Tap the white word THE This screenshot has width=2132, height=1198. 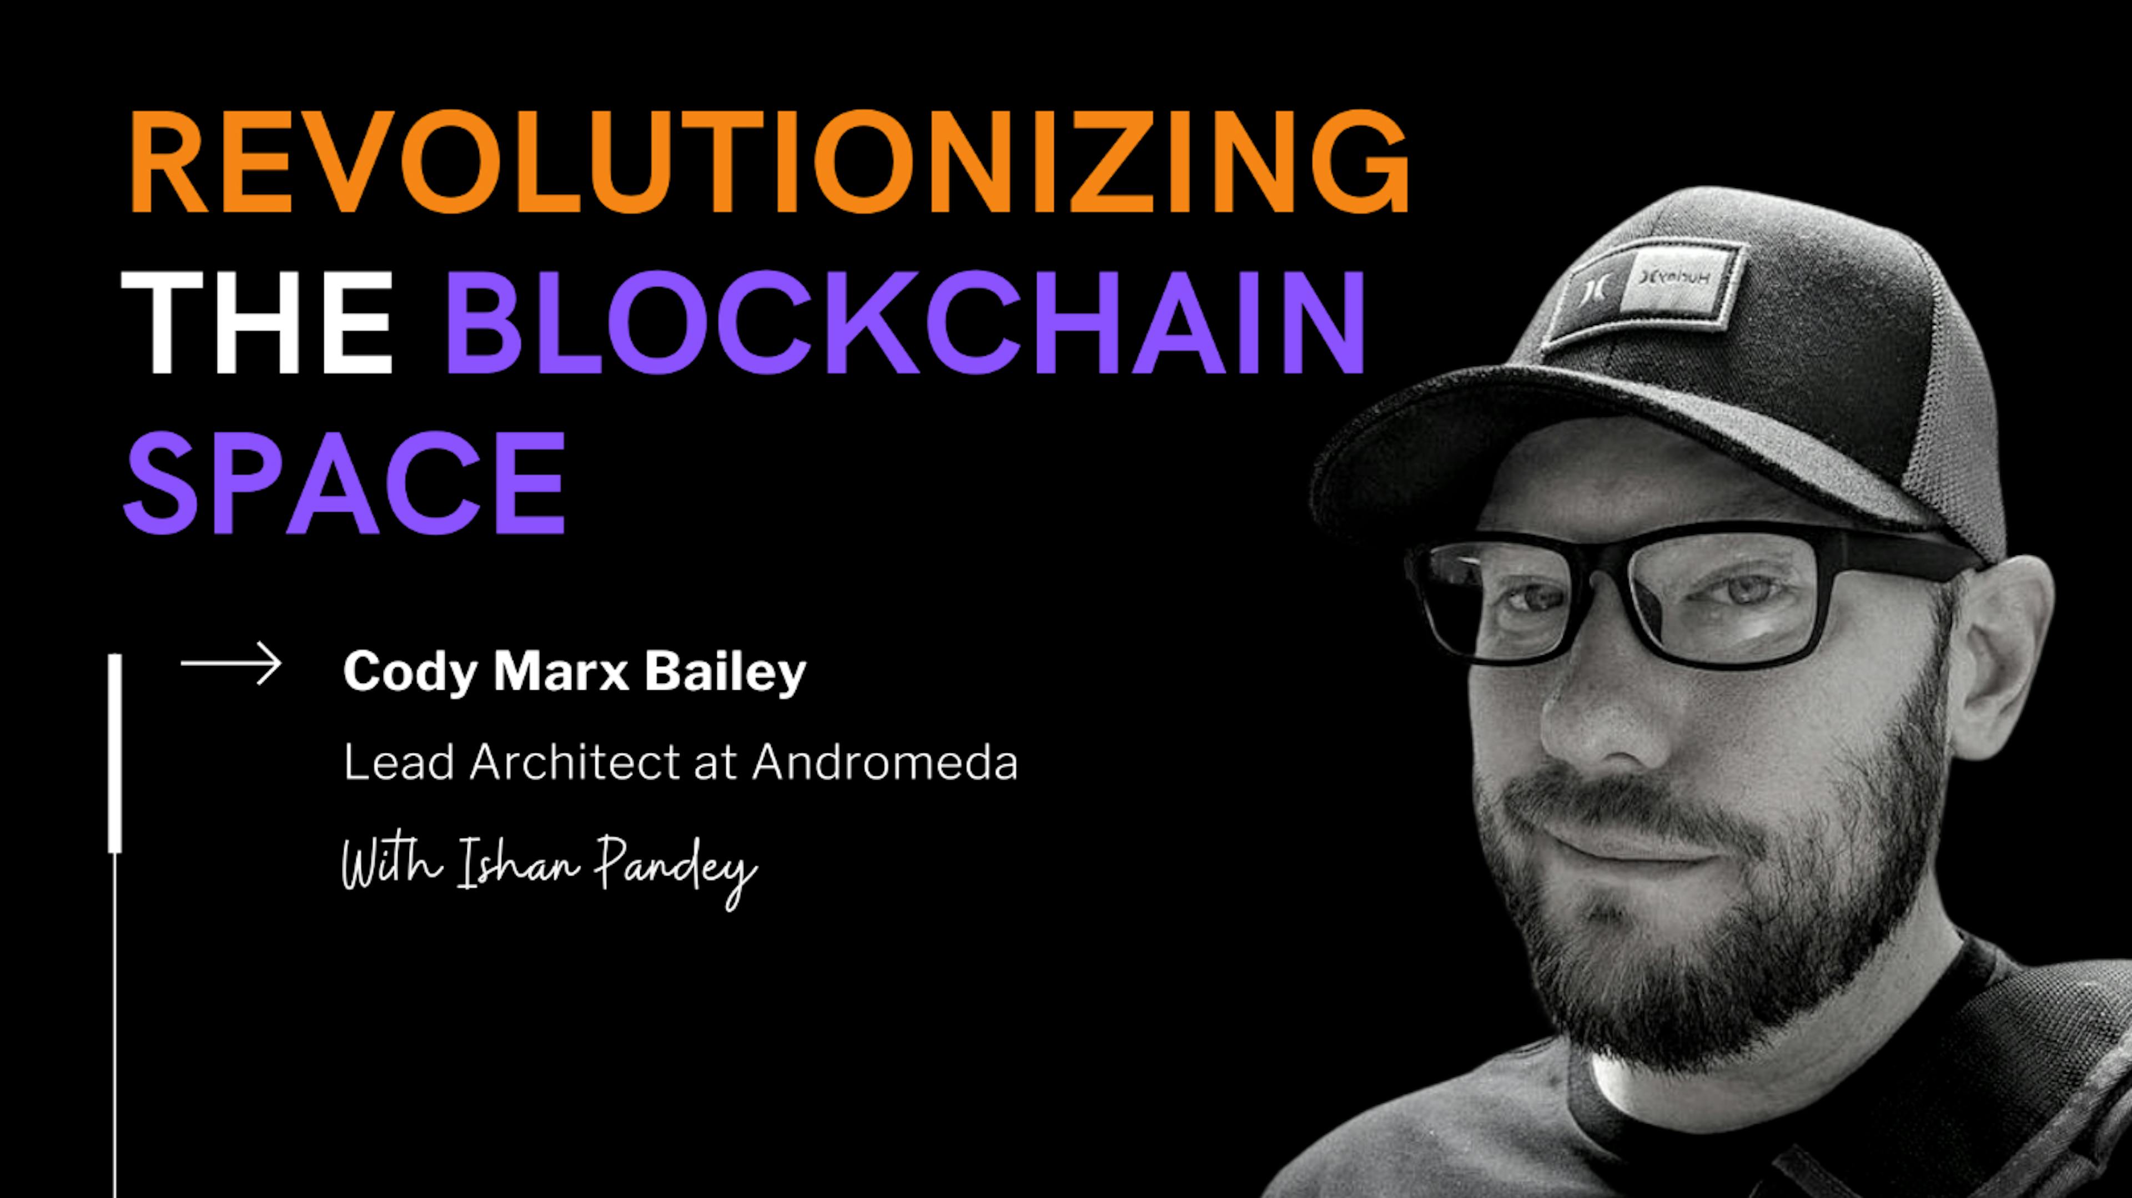257,323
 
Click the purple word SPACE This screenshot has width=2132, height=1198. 344,483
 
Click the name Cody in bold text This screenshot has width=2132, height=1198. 410,672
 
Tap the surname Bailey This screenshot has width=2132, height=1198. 725,672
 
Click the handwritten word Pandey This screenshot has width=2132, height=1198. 676,869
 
